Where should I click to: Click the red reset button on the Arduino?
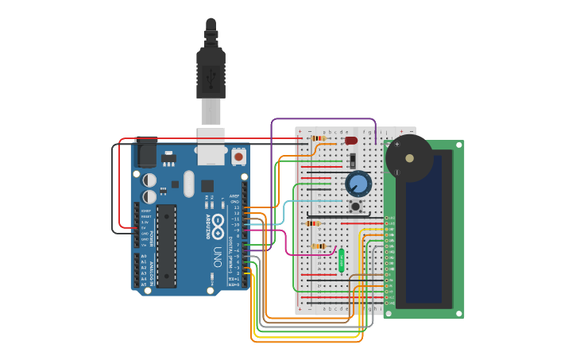click(238, 157)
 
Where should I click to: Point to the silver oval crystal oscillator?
click(188, 184)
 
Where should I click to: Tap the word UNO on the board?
click(217, 256)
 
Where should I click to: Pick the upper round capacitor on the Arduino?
click(149, 180)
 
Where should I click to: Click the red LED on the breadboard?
click(351, 141)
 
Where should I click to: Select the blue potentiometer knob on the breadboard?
click(358, 184)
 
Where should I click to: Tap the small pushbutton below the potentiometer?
click(355, 207)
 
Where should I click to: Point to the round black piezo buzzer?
click(409, 158)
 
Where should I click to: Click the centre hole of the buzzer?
click(409, 158)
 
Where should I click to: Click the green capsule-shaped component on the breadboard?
click(342, 260)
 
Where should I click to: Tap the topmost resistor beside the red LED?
click(318, 138)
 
